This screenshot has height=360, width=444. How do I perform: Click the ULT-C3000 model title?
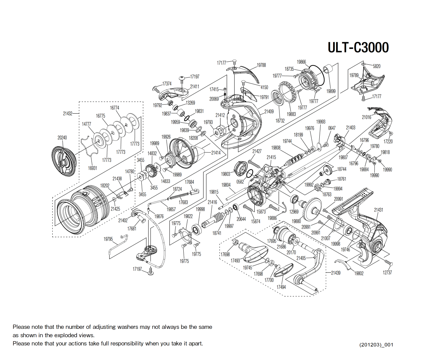[x=358, y=48]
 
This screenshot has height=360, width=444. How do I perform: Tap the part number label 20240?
[x=62, y=137]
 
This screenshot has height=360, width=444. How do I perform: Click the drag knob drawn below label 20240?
[x=64, y=162]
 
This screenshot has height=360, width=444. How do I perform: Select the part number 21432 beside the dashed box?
[x=68, y=114]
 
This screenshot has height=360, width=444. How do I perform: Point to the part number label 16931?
[x=92, y=168]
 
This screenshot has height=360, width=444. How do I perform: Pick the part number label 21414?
[x=216, y=153]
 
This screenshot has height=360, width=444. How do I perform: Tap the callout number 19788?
[x=261, y=65]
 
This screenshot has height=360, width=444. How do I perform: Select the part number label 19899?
[x=331, y=91]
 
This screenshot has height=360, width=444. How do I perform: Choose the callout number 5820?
[x=377, y=66]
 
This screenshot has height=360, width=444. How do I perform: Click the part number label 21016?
[x=366, y=117]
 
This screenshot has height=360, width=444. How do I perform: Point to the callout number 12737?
[x=387, y=273]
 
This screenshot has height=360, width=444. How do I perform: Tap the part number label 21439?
[x=336, y=273]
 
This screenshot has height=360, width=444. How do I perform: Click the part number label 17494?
[x=281, y=287]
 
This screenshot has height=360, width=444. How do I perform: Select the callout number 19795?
[x=108, y=239]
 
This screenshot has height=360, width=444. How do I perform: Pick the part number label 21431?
[x=378, y=210]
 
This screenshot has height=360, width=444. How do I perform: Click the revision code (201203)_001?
[x=376, y=345]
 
